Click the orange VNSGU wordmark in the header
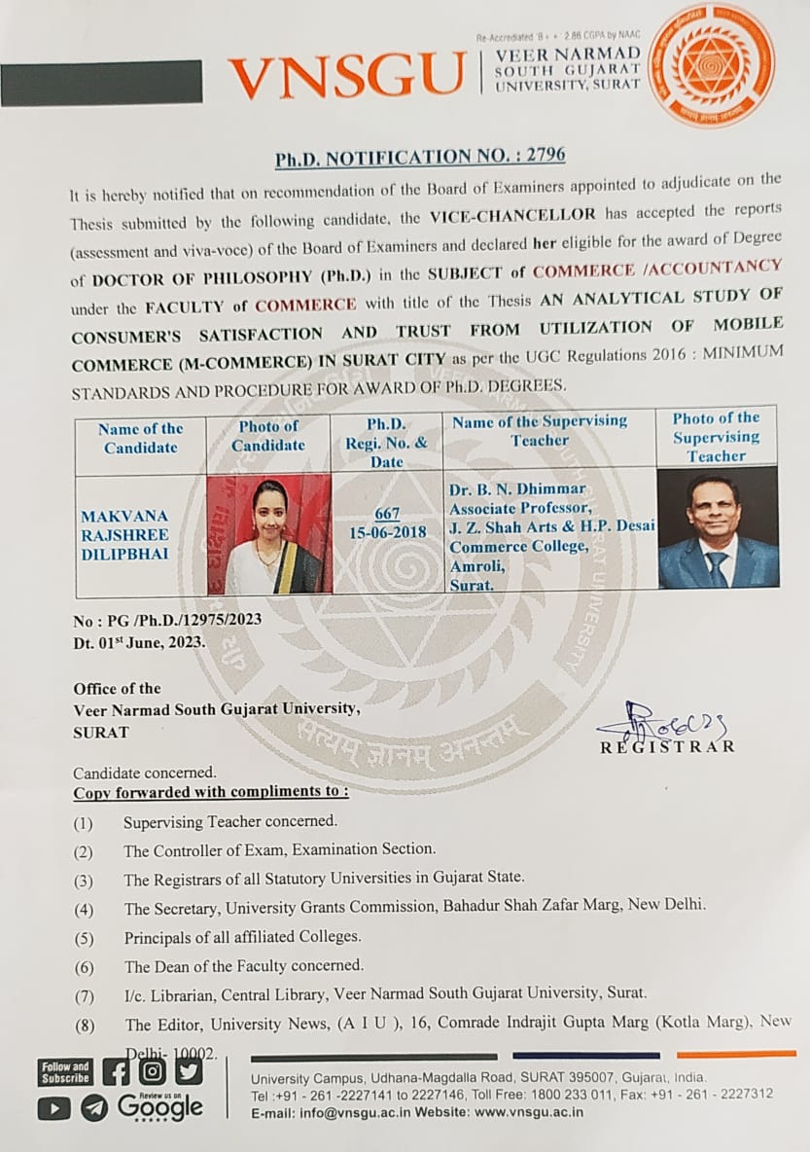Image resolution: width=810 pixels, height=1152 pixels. coord(347,76)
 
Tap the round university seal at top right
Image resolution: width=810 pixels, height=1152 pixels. coord(711,65)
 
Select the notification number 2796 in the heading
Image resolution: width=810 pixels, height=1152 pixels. coord(543,155)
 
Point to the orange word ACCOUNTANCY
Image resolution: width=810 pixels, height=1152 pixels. coord(725,266)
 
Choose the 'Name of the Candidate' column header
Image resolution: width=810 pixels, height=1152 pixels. coord(142,438)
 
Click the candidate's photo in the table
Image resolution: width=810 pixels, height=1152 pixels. coord(269,535)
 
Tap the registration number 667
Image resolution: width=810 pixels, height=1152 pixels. coord(386,515)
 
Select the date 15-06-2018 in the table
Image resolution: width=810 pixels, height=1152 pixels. coord(386,533)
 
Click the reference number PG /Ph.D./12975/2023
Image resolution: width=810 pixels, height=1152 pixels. coord(167,621)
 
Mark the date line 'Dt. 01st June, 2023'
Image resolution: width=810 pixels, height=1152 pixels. coord(138,642)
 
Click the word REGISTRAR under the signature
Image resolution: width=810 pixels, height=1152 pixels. coord(667,747)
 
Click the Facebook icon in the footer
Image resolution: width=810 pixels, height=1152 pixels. coord(116,1071)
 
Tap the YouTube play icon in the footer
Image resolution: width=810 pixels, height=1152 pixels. coord(54,1108)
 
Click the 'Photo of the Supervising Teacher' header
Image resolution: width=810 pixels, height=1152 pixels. coord(717,437)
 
